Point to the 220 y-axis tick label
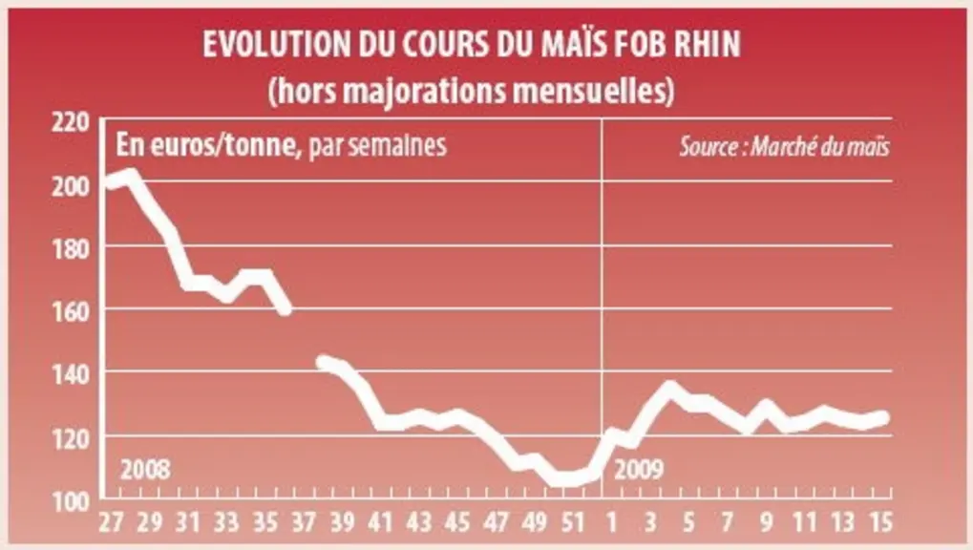coord(70,121)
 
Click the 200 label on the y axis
coord(70,185)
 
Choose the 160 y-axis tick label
coord(70,311)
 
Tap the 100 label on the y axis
coord(70,501)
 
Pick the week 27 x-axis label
coord(112,522)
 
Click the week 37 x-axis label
coord(304,522)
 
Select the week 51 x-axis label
coord(572,522)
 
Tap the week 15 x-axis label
coord(879,522)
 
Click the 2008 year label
coord(145,470)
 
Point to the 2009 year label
coord(639,470)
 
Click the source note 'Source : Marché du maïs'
coord(784,147)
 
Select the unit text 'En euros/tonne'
coord(206,145)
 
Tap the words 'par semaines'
coord(377,146)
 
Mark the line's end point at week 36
coord(286,308)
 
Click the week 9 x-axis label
coord(767,522)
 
